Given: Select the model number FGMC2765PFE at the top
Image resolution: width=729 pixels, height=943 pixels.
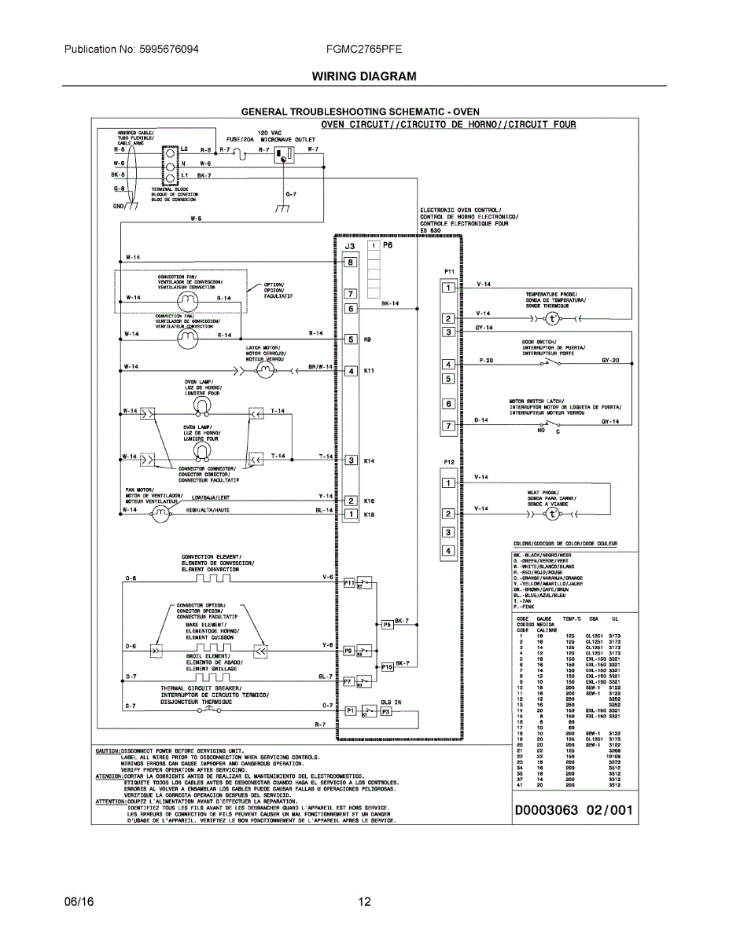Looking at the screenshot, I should pyautogui.click(x=364, y=49).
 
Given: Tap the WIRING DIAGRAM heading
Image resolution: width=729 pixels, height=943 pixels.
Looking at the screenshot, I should pyautogui.click(x=364, y=76).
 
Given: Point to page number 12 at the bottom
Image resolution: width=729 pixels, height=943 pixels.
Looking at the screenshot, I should pyautogui.click(x=364, y=902).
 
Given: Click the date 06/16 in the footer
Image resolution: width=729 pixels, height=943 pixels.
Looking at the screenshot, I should pyautogui.click(x=79, y=902).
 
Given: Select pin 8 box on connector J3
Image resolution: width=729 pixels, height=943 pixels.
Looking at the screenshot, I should pyautogui.click(x=351, y=262).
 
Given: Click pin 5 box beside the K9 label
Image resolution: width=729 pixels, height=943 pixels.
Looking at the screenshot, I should pyautogui.click(x=351, y=339).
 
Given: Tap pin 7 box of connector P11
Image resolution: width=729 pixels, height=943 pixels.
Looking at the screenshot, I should pyautogui.click(x=448, y=426).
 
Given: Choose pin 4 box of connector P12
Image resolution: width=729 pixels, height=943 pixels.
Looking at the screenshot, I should pyautogui.click(x=448, y=551).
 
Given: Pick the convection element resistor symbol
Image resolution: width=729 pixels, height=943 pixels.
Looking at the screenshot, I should pyautogui.click(x=212, y=579).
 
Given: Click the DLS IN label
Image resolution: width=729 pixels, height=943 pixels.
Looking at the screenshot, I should pyautogui.click(x=391, y=702).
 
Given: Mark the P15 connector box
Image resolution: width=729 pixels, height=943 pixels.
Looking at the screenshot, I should pyautogui.click(x=387, y=666).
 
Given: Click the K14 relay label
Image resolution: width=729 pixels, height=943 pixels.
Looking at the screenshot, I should pyautogui.click(x=369, y=461).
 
